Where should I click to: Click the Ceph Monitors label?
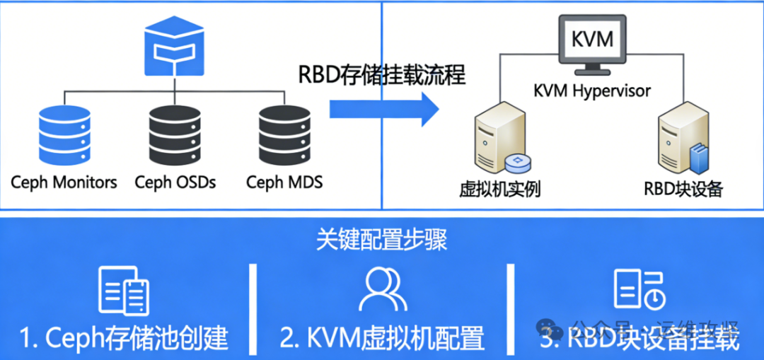tap(64, 182)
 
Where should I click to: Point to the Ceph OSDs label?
tap(175, 182)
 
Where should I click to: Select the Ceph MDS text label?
tap(284, 182)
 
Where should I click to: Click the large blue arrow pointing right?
tap(384, 109)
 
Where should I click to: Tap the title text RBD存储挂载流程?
tap(382, 74)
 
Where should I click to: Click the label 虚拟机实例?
tap(500, 189)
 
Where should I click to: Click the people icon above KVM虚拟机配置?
tap(382, 289)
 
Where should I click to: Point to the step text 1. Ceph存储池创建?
tap(124, 338)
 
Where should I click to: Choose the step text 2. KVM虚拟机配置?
tap(382, 338)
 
